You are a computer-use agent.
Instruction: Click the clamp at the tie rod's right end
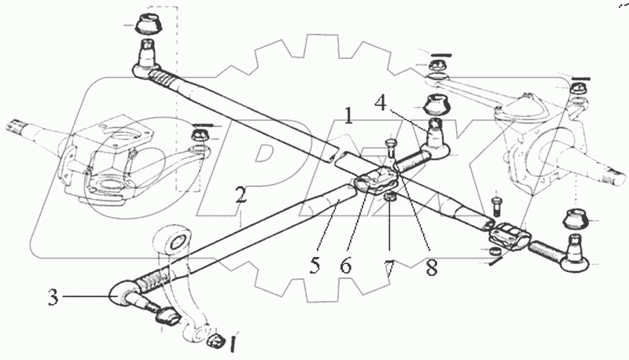(508, 234)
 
